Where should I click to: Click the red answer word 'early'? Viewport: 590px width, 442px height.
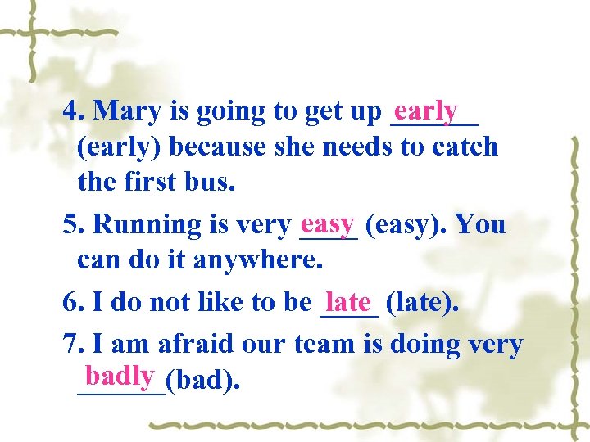tap(424, 110)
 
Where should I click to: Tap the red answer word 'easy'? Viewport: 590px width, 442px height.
tap(327, 223)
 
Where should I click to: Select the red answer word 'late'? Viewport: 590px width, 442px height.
tap(348, 302)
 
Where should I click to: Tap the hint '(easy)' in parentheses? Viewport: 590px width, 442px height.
tap(406, 224)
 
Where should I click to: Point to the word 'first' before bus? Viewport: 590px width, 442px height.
tap(155, 182)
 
